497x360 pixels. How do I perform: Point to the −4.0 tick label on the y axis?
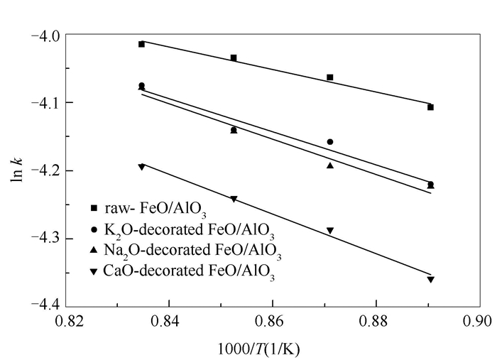tap(45, 35)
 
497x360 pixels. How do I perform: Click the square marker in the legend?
tap(94, 209)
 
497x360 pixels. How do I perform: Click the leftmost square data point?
tap(141, 44)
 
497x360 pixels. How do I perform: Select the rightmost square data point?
tap(430, 107)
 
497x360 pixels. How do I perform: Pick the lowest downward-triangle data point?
tap(430, 280)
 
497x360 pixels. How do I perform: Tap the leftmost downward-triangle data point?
tap(141, 167)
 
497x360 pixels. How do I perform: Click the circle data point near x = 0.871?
tap(330, 142)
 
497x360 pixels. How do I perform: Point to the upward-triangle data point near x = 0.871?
tap(330, 165)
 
